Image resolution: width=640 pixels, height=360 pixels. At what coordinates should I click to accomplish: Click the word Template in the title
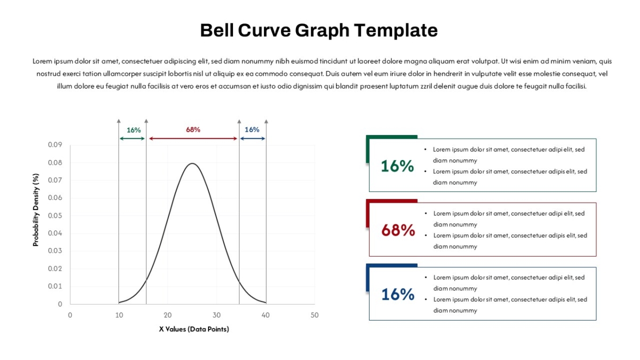[x=396, y=30]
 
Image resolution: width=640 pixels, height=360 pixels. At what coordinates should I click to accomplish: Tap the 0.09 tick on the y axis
[x=55, y=145]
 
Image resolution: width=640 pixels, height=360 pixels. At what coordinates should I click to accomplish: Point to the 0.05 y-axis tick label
[x=55, y=215]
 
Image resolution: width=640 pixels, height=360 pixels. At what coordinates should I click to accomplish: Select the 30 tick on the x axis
[x=217, y=315]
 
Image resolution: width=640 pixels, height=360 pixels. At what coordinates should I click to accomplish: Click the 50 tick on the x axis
[x=314, y=315]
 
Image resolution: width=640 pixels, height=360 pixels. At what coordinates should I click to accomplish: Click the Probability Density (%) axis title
[x=36, y=210]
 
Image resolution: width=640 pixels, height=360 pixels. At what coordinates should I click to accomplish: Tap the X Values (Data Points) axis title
[x=194, y=329]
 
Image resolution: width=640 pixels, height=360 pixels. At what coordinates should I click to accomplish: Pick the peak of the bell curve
[x=193, y=163]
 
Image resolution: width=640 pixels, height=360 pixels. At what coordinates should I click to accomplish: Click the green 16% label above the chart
[x=134, y=130]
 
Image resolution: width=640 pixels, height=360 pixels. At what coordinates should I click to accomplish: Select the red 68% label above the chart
[x=193, y=130]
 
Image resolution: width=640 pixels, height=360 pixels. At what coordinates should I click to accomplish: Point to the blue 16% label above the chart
[x=252, y=130]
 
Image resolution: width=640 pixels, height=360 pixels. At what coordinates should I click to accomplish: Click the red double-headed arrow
[x=193, y=139]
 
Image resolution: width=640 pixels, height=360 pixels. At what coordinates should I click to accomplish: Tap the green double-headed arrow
[x=132, y=139]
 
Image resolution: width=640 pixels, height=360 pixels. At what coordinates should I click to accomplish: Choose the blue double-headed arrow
[x=253, y=139]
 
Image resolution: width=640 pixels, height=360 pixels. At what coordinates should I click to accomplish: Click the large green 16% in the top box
[x=397, y=166]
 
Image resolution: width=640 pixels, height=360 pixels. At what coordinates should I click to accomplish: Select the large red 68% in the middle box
[x=398, y=230]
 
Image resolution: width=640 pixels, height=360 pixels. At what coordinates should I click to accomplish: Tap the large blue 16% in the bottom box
[x=398, y=294]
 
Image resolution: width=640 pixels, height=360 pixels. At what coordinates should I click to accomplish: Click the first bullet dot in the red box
[x=426, y=213]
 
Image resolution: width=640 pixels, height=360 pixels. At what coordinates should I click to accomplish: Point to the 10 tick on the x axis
[x=119, y=315]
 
